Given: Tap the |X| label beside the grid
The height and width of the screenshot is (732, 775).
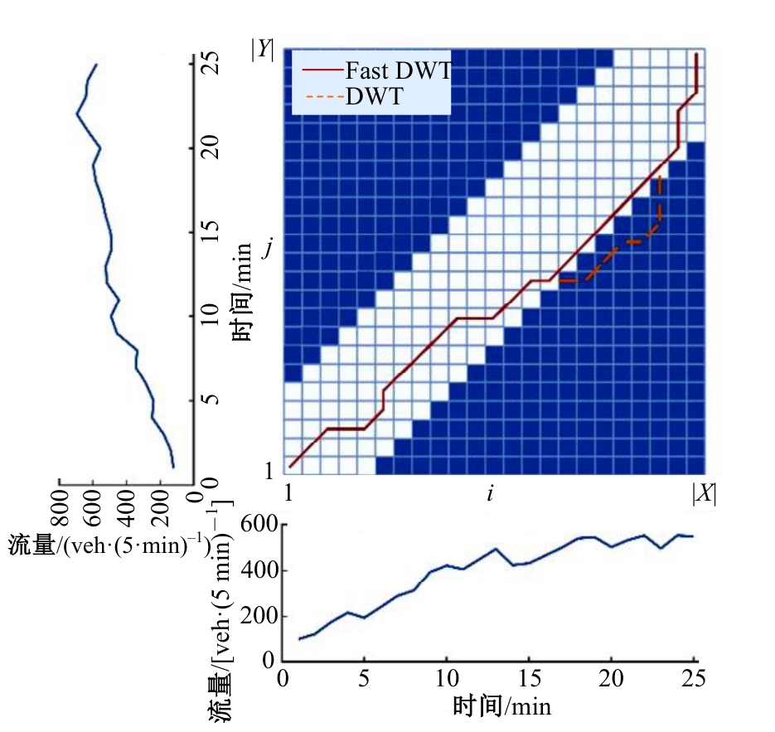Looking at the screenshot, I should coord(704,494).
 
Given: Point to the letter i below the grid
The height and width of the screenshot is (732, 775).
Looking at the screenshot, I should coord(491,494).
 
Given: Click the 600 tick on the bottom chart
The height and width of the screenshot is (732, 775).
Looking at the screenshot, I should coord(259,525).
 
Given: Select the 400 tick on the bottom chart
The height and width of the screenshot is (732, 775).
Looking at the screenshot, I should coord(259,570).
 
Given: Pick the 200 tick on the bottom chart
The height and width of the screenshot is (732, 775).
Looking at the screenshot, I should coord(259,616).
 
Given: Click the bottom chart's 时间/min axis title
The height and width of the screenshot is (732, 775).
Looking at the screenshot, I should coord(502,707).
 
